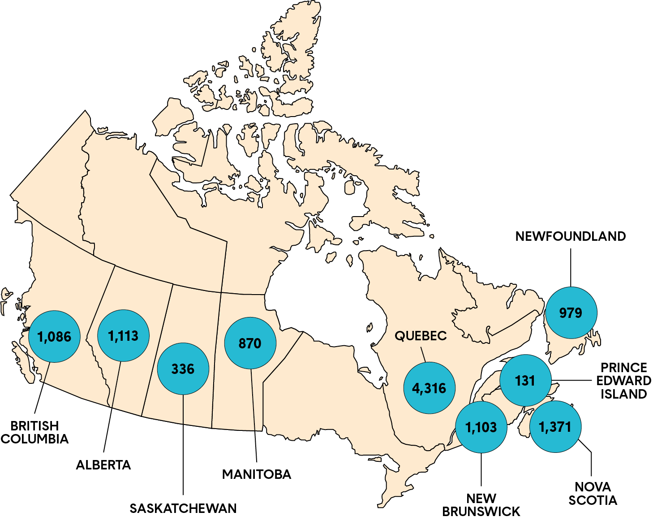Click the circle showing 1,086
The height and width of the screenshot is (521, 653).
pyautogui.click(x=54, y=336)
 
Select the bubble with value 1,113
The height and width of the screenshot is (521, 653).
pyautogui.click(x=123, y=335)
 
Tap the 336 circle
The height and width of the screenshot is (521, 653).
pyautogui.click(x=183, y=369)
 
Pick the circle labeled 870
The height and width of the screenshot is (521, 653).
pyautogui.click(x=250, y=343)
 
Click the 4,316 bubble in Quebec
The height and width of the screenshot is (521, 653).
pyautogui.click(x=429, y=388)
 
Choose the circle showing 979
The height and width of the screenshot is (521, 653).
pyautogui.click(x=571, y=313)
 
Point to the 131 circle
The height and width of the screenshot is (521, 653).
pyautogui.click(x=525, y=381)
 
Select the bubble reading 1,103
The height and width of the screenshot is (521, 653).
pyautogui.click(x=481, y=427)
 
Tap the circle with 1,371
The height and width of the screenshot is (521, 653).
pyautogui.click(x=555, y=426)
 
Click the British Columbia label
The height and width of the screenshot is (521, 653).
pyautogui.click(x=34, y=432)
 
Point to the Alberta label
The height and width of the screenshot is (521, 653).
pyautogui.click(x=103, y=465)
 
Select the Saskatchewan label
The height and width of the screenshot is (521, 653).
pyautogui.click(x=183, y=508)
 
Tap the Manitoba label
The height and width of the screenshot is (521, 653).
pyautogui.click(x=257, y=474)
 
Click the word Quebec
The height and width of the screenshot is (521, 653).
pyautogui.click(x=421, y=335)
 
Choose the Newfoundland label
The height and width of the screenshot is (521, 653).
pyautogui.click(x=571, y=236)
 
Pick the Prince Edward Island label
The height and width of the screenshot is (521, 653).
pyautogui.click(x=623, y=381)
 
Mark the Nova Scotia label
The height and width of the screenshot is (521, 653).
pyautogui.click(x=593, y=493)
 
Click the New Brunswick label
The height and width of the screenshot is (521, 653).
pyautogui.click(x=481, y=505)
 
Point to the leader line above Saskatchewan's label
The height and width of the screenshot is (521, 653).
pyautogui.click(x=183, y=444)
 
